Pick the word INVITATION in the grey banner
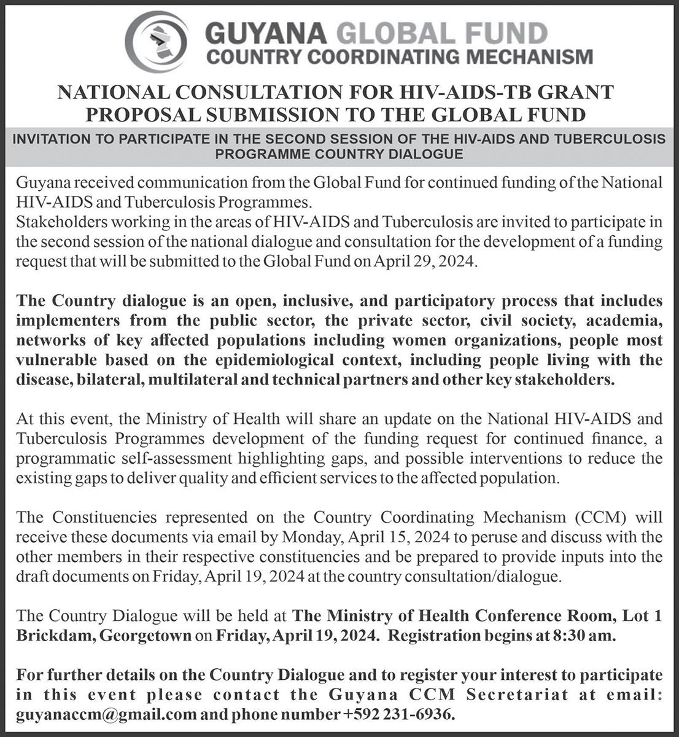50,139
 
